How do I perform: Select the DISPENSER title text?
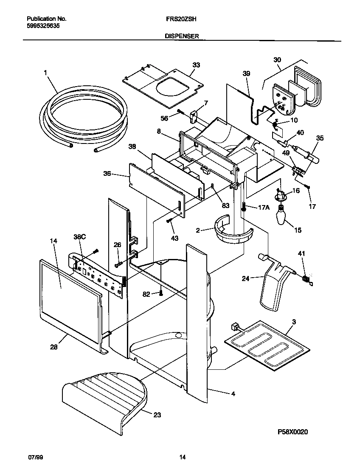click(182, 37)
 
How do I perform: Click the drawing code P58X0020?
click(292, 432)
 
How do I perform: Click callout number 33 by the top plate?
click(196, 65)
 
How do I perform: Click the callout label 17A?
click(264, 208)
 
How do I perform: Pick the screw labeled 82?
click(161, 293)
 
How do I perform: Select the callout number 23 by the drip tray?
click(157, 415)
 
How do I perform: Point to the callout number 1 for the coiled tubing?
click(45, 73)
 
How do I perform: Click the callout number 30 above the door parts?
click(277, 60)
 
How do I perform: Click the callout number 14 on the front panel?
click(53, 241)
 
